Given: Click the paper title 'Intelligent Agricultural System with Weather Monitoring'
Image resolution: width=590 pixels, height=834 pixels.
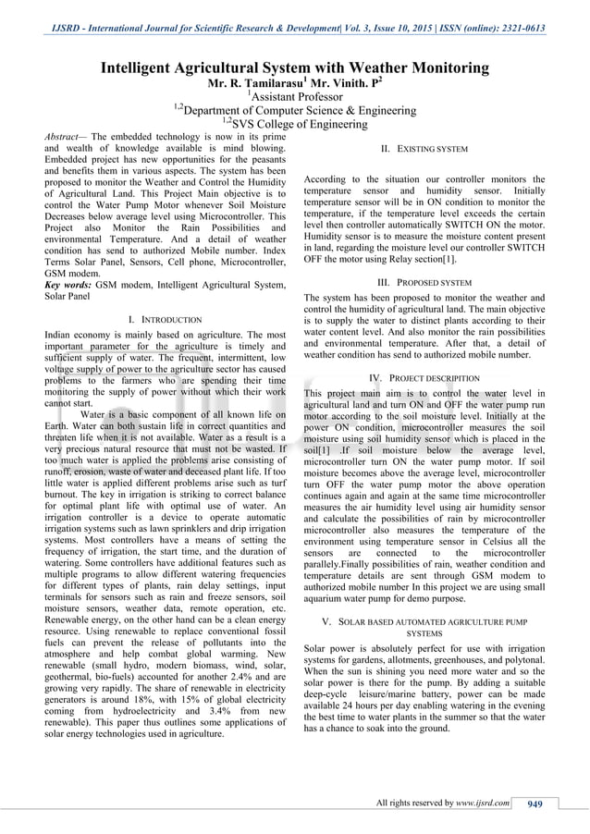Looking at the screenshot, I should (x=294, y=68).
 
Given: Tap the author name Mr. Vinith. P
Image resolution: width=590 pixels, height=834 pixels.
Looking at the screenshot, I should (x=341, y=83).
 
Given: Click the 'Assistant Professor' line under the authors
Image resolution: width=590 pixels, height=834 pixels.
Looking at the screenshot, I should (x=294, y=96).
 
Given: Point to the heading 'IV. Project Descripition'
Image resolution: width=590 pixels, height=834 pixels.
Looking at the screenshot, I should (x=424, y=378).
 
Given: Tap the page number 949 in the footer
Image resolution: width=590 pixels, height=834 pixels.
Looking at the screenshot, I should (x=535, y=803).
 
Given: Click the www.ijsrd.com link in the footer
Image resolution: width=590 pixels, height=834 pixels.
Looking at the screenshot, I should (x=484, y=803).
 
